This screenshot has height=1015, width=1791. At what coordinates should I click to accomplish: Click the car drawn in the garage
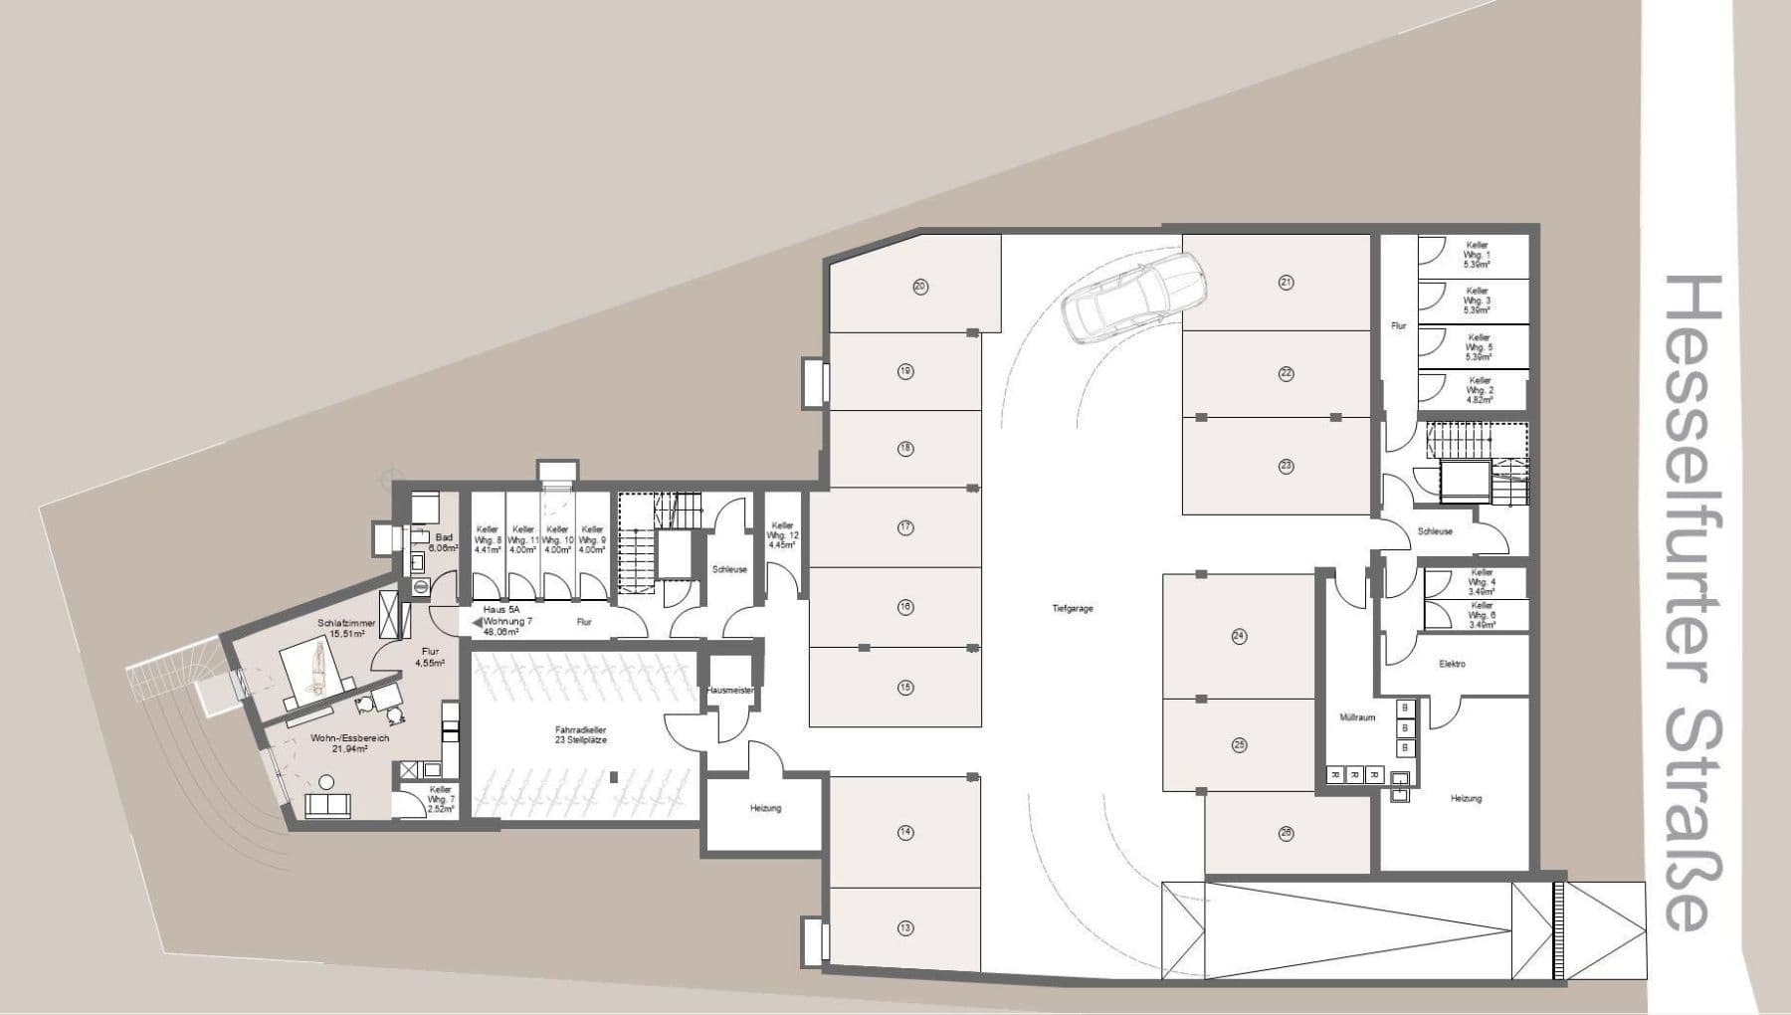1134,296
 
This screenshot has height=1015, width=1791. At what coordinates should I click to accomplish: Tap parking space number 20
919,287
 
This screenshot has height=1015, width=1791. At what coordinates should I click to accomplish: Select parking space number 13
904,928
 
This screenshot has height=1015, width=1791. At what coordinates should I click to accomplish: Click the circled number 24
1239,636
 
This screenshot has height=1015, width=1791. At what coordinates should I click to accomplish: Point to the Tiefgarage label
1072,608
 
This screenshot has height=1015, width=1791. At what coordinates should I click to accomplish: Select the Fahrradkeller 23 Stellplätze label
582,735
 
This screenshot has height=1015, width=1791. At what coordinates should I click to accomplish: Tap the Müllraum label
1357,717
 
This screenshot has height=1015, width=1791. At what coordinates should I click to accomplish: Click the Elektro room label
1452,664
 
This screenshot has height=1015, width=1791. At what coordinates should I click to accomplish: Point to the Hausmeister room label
729,690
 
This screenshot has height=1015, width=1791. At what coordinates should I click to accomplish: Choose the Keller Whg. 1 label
1476,255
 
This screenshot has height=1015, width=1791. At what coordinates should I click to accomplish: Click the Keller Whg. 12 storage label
783,535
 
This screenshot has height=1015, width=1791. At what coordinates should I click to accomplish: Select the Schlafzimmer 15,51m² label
346,628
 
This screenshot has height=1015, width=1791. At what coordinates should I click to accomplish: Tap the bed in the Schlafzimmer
316,666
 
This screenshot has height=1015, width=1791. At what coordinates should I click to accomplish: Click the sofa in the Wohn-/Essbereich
327,806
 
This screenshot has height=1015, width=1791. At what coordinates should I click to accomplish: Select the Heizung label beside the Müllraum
1466,798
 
